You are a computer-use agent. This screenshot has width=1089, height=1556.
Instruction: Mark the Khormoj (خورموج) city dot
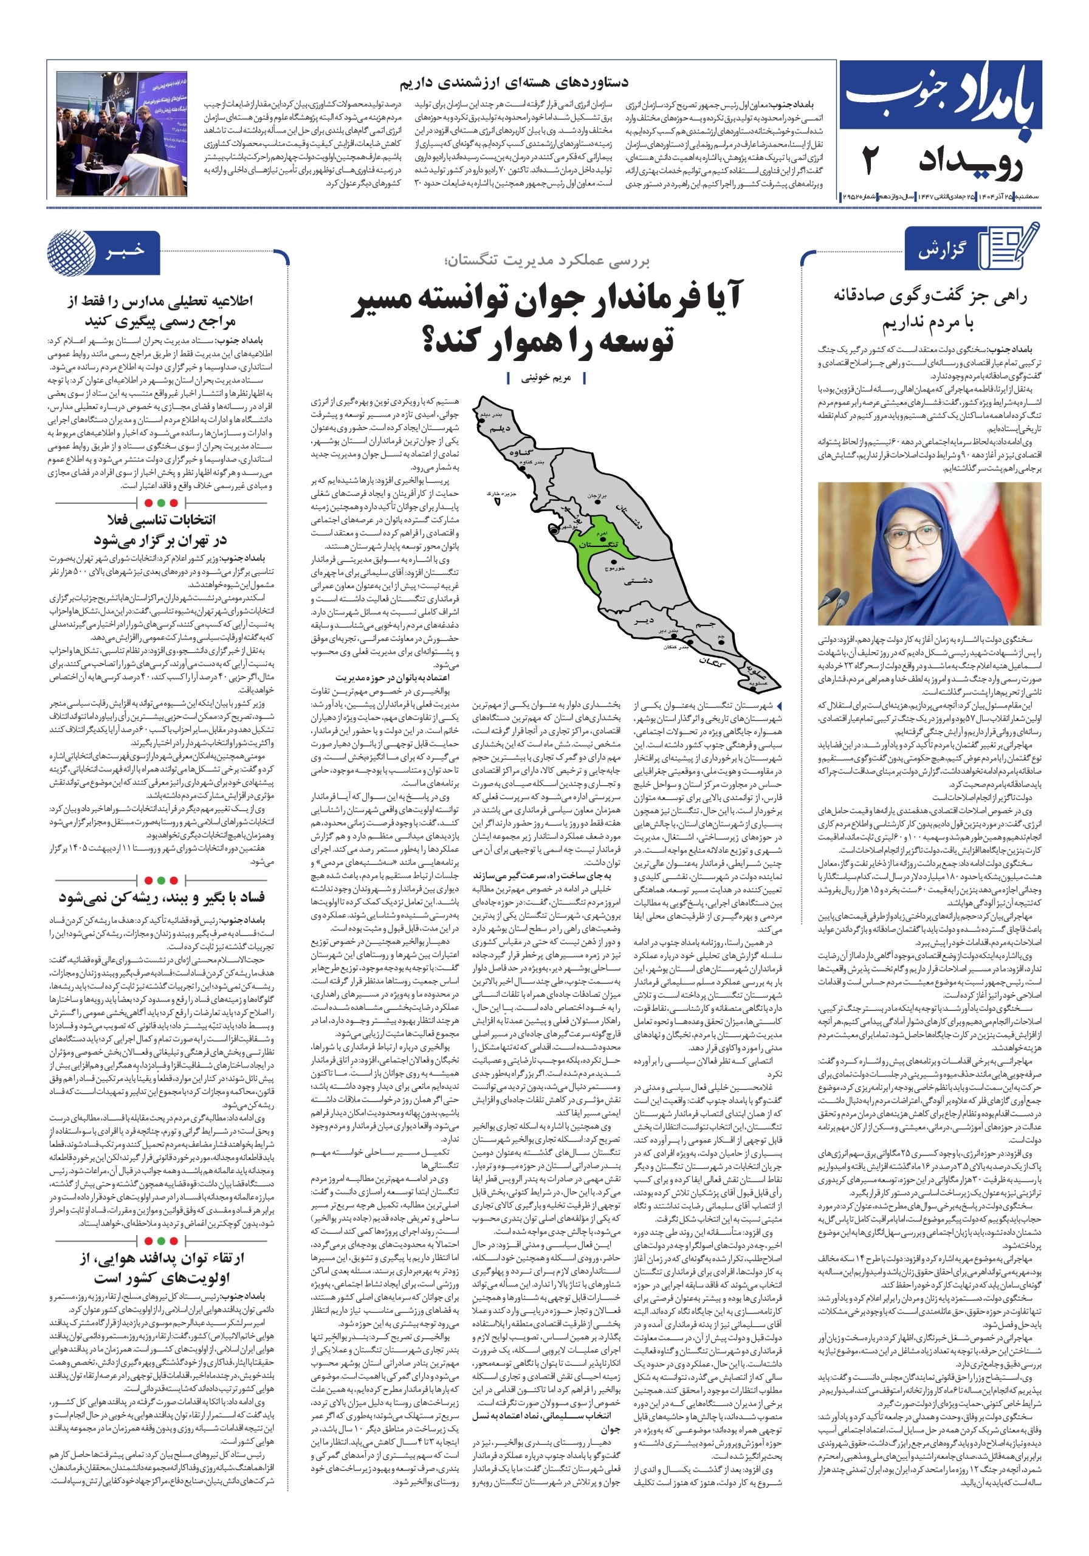[614, 562]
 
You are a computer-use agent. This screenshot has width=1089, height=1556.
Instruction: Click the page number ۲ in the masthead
[873, 163]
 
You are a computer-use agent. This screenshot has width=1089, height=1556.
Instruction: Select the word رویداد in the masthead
[970, 164]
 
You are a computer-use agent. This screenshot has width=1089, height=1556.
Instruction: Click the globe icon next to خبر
[72, 252]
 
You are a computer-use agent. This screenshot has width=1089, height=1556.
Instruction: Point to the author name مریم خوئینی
[546, 378]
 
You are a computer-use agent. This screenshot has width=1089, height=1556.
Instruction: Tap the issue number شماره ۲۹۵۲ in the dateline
[860, 196]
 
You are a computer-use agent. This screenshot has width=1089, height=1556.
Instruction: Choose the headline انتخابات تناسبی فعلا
[161, 520]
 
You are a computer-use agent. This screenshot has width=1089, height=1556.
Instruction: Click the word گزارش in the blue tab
[942, 251]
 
